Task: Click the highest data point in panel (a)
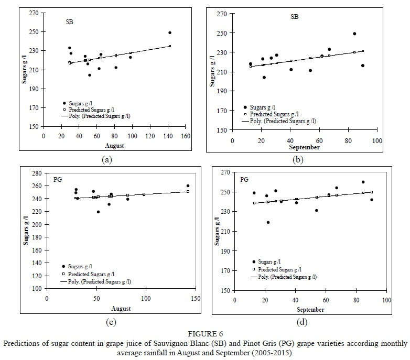[170, 32]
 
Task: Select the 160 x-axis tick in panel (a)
[185, 136]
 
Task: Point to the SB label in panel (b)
[295, 16]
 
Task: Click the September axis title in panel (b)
[304, 147]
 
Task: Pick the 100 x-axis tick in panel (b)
[376, 140]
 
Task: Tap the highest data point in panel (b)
[354, 34]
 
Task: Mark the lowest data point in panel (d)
[268, 222]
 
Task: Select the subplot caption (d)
[303, 322]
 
